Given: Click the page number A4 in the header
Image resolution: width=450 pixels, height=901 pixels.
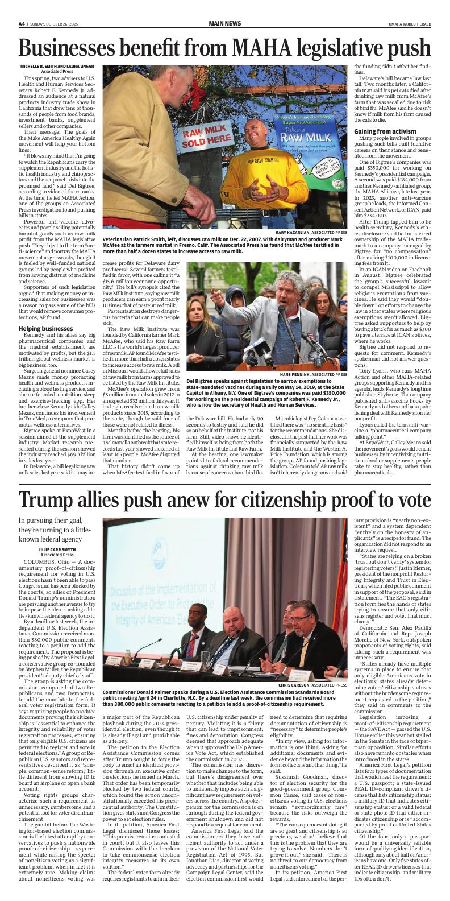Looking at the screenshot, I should pyautogui.click(x=22, y=24).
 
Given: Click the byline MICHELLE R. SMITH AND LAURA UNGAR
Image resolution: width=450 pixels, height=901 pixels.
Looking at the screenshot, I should pyautogui.click(x=51, y=67).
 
